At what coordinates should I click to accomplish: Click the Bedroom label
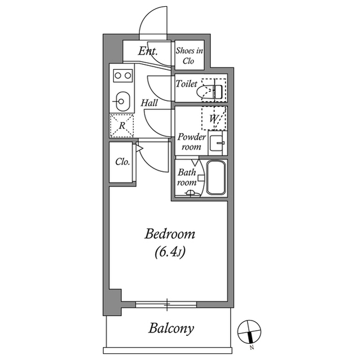point(170,234)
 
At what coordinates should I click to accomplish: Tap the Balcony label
point(171,328)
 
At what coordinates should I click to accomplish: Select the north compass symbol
point(248,331)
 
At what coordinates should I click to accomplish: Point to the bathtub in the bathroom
point(216,177)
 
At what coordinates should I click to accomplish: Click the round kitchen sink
point(121,102)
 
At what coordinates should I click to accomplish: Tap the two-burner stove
point(122,75)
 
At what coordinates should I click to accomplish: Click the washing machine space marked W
point(214,118)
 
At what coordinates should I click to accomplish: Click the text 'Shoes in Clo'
point(189,55)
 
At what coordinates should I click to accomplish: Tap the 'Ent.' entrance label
point(147,52)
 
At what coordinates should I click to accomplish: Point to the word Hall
point(149,103)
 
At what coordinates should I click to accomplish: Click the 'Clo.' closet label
point(122,162)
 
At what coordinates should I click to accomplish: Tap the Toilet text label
point(186,84)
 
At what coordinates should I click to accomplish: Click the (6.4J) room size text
point(170,252)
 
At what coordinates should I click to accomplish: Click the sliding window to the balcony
point(167,305)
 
